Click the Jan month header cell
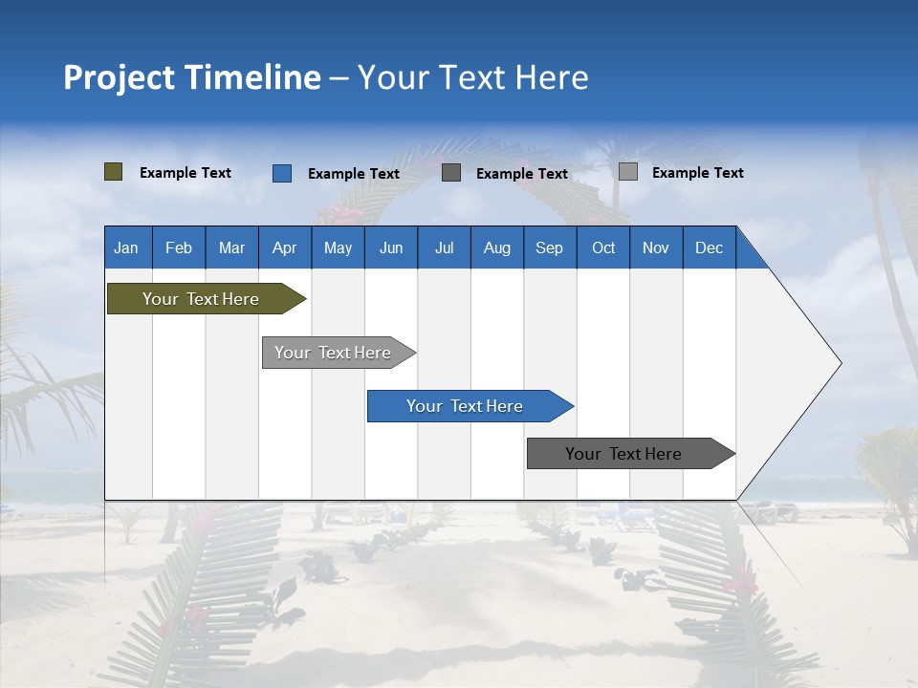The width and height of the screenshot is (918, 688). coord(127,247)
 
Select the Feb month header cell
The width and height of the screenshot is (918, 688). coord(179,247)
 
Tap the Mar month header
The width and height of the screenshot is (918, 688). coord(231,247)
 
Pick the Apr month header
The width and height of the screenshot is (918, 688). coord(285,247)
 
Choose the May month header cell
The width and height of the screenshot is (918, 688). coord(338,247)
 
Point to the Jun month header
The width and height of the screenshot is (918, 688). coord(391,247)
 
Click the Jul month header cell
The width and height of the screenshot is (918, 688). coord(444,247)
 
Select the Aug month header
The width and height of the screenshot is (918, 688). coord(497,247)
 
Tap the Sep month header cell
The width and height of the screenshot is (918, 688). coord(550,247)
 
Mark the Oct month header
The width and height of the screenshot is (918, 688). coord(603,247)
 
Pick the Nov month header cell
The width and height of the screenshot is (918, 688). coord(656,247)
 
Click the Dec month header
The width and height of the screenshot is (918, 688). coord(710,247)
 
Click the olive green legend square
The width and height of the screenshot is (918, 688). coord(114,172)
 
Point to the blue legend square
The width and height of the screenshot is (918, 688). coord(282,173)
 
